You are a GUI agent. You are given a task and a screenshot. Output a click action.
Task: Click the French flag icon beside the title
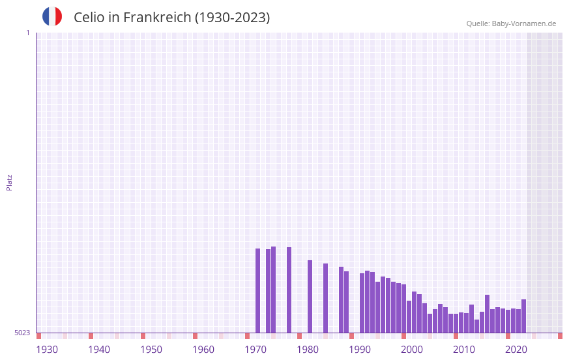52,16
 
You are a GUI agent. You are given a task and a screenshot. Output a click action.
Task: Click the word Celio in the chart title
89,18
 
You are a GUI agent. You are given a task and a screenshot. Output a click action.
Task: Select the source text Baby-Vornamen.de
523,23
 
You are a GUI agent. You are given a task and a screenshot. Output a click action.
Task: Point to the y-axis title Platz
9,182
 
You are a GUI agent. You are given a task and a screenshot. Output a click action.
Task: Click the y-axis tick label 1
27,33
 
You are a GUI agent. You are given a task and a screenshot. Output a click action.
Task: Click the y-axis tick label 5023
22,333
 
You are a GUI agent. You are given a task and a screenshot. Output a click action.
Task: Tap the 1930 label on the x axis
47,350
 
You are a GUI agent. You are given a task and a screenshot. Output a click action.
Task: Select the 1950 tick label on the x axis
151,350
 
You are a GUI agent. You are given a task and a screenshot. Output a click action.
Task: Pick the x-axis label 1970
255,350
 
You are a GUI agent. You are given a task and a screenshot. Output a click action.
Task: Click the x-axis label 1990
360,350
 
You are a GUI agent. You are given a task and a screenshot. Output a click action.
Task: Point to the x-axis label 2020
516,350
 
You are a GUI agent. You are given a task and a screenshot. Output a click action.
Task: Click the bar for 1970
257,290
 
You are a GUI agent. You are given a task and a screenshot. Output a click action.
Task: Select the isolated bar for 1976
289,290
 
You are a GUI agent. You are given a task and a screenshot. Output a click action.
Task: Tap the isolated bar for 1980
310,296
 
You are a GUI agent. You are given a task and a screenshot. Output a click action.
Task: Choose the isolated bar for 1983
325,298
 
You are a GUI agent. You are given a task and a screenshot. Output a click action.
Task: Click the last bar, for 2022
523,316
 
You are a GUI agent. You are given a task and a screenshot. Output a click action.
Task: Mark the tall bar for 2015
487,314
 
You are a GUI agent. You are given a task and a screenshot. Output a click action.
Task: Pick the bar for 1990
362,303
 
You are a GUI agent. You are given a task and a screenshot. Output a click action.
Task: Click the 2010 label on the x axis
464,350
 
